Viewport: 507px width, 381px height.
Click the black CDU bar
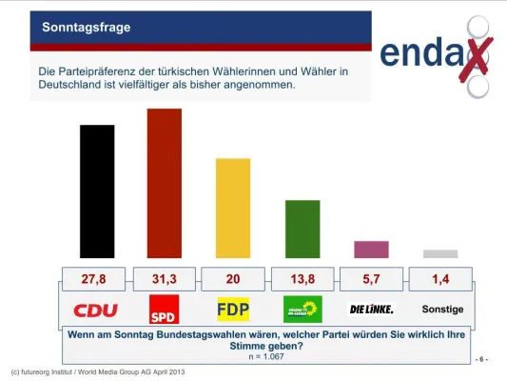[96, 191]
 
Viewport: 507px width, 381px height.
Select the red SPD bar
[165, 183]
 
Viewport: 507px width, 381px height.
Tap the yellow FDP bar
[233, 208]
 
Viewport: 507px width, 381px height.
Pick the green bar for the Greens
[302, 229]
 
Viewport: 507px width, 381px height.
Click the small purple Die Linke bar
[371, 250]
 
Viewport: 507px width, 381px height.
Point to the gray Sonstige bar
[440, 254]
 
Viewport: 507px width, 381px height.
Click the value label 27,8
[95, 280]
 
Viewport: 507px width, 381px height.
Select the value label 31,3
[165, 280]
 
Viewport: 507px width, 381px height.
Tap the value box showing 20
[234, 280]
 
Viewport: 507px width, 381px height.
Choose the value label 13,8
[303, 280]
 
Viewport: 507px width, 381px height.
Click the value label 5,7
[372, 280]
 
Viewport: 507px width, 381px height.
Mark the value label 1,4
[441, 280]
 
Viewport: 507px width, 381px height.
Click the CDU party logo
[95, 310]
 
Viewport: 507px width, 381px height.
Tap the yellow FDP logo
[233, 310]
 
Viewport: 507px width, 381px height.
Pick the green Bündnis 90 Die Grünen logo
[302, 310]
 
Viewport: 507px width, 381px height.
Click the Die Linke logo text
[371, 310]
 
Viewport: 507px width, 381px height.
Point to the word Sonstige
[441, 310]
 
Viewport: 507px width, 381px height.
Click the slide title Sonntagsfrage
[86, 28]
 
